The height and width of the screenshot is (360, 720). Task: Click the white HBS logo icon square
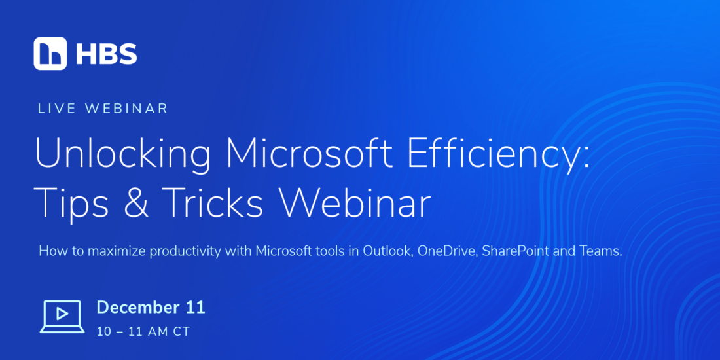point(50,53)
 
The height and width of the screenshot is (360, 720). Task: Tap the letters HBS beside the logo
point(106,54)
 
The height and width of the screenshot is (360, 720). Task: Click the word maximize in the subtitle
point(117,251)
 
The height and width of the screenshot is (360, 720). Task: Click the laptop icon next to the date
point(62,316)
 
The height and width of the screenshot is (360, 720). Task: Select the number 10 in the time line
point(104,332)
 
